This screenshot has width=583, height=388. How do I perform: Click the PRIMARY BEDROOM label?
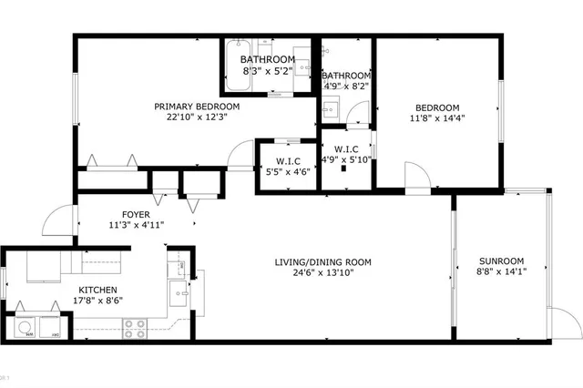click(x=189, y=106)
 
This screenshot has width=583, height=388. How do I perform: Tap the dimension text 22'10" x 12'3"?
click(x=189, y=117)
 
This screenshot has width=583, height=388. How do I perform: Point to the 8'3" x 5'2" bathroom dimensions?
click(x=267, y=70)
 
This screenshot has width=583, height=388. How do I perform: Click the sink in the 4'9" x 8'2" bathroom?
click(x=332, y=111)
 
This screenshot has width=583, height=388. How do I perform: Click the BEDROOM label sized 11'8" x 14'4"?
click(x=437, y=107)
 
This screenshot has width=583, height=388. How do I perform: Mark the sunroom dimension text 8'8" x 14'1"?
click(x=501, y=270)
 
